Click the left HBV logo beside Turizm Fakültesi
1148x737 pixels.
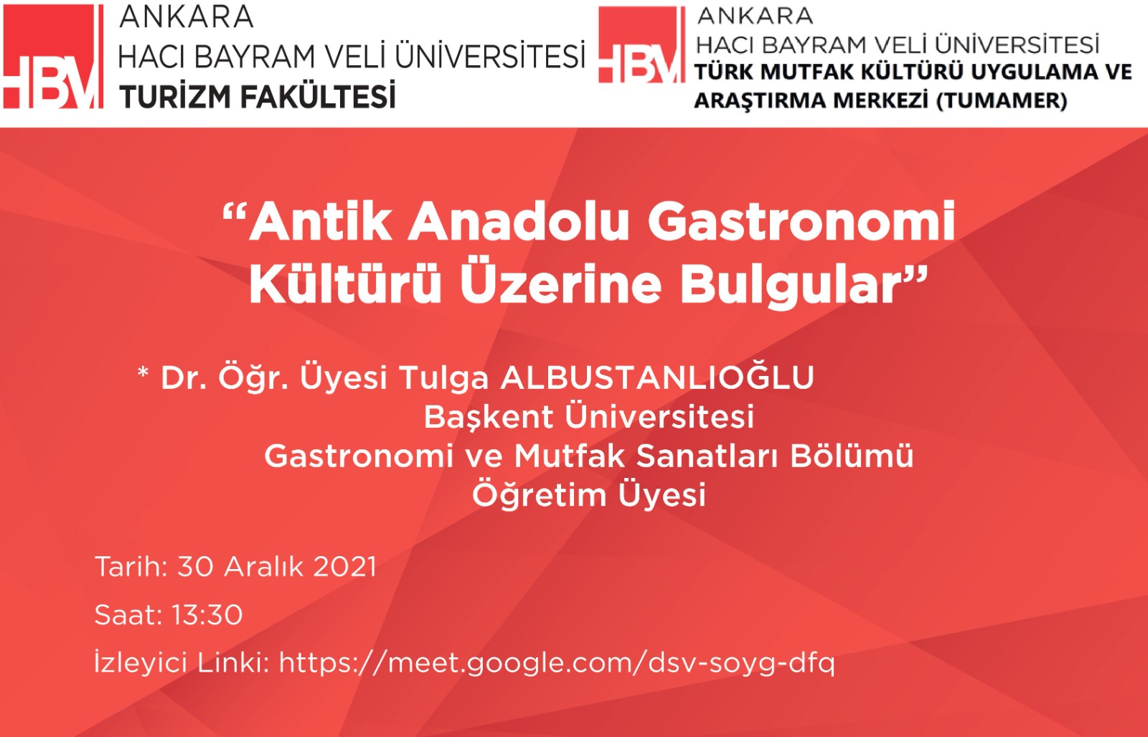tap(53, 57)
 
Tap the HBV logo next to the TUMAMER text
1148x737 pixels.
tap(641, 44)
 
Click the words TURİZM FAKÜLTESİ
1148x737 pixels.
tap(258, 96)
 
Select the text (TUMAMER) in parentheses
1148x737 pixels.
tap(1002, 100)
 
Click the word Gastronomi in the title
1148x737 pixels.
tap(801, 221)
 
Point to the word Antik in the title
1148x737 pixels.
tap(320, 221)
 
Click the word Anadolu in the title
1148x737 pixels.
tap(518, 221)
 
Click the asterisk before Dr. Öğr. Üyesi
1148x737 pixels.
tap(143, 372)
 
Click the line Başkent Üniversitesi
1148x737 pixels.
tap(589, 417)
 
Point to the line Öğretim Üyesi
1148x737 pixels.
tap(589, 494)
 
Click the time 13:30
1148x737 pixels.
tap(207, 614)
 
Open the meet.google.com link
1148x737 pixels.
tap(557, 663)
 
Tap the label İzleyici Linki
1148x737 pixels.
tap(182, 662)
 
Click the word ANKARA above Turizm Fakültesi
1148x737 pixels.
tap(187, 17)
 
